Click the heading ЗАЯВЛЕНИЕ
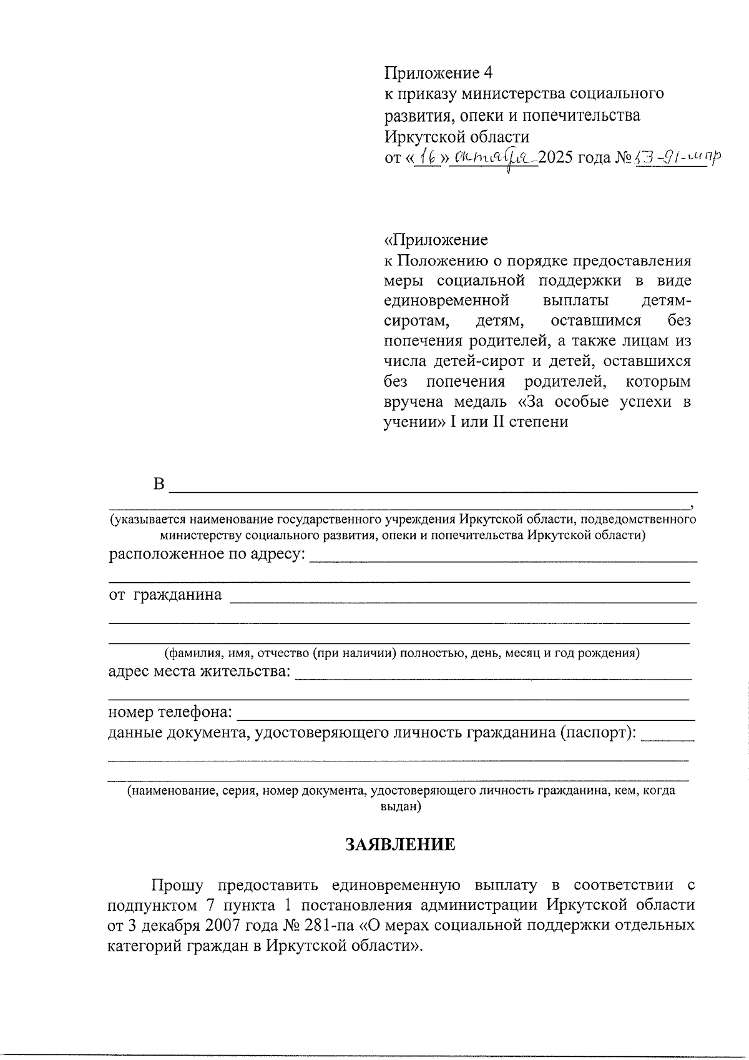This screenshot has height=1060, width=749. coord(401,845)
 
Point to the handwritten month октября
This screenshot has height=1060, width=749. coord(494,159)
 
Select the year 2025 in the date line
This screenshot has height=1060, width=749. coord(557,157)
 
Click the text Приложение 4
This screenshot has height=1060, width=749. coord(438,73)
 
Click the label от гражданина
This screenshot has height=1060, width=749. coord(165,594)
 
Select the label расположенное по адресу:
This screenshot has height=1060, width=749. coord(207,553)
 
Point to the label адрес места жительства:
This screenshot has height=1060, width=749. coord(199,671)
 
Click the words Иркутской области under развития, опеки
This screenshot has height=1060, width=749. coord(456,136)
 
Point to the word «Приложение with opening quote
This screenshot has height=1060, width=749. coord(436,240)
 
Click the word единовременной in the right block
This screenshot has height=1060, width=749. coord(446,300)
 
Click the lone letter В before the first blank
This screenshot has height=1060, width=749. coord(159,485)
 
